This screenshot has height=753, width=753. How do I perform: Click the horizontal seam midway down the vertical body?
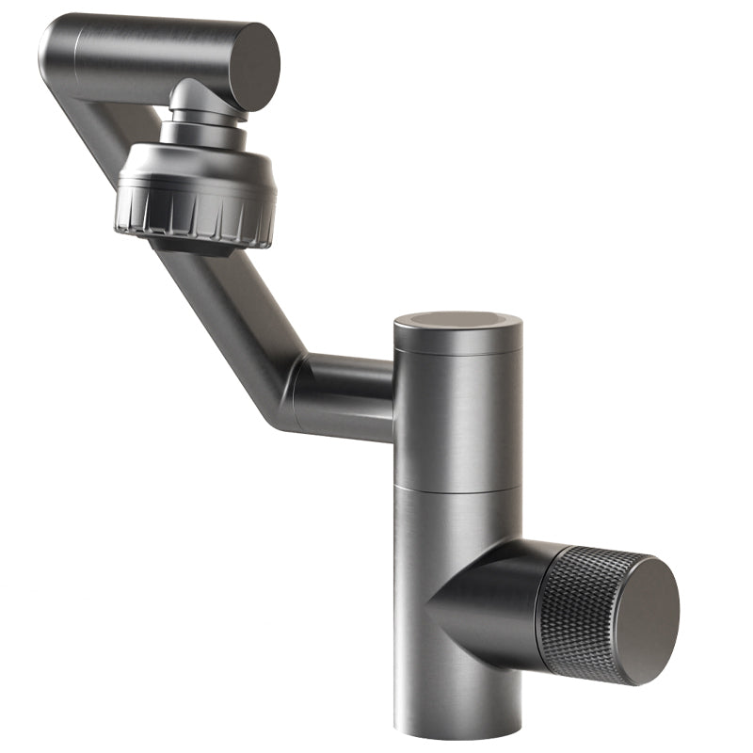(457, 489)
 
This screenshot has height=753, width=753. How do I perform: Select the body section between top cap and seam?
(457, 414)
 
